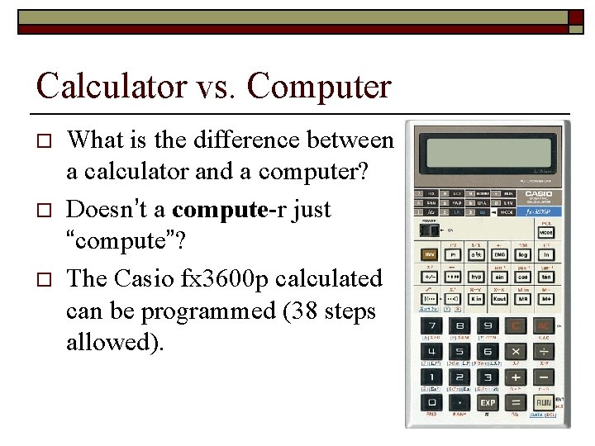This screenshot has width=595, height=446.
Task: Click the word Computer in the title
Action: point(318,86)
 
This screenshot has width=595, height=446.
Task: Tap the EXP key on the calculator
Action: point(488,402)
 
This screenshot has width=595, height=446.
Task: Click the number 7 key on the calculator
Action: point(431,326)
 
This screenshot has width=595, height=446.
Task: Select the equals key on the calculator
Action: point(516,402)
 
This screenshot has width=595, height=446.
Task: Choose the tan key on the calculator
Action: point(546,277)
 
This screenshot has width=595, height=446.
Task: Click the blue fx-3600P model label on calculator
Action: point(542,211)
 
